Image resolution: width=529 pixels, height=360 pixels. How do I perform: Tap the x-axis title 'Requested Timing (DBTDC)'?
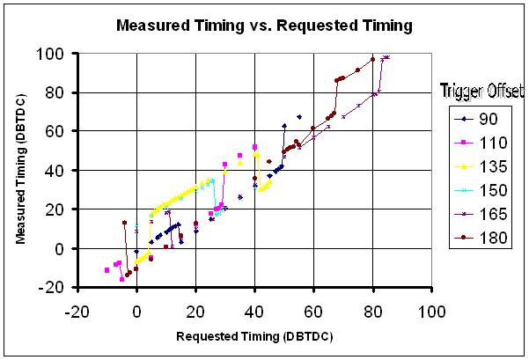point(254,336)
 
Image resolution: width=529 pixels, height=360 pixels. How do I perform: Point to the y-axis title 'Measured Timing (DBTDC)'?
point(19,170)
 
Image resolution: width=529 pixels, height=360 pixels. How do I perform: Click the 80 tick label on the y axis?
point(61,92)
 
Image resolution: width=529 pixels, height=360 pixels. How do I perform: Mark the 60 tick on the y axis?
point(61,131)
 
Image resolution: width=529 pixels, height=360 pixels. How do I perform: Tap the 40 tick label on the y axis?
point(61,170)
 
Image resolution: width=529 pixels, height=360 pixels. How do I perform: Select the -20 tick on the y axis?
point(58,287)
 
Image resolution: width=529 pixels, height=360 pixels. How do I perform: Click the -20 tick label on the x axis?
point(77,312)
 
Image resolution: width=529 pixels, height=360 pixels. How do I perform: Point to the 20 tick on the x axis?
point(195,312)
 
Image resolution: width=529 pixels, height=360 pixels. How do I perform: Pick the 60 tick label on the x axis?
point(313,312)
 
